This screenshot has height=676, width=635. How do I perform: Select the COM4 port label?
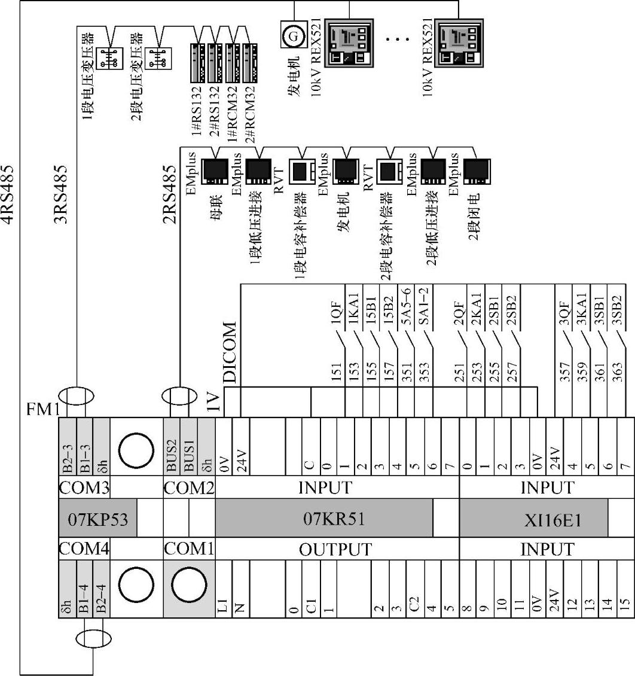(x=83, y=549)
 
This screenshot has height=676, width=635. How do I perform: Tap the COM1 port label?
(x=188, y=549)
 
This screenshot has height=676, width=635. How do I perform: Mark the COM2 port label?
(x=189, y=488)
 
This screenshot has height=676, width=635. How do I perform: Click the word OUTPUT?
(x=335, y=549)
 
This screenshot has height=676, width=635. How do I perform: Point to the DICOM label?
(x=230, y=352)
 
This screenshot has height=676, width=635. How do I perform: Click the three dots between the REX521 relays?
(x=398, y=39)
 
